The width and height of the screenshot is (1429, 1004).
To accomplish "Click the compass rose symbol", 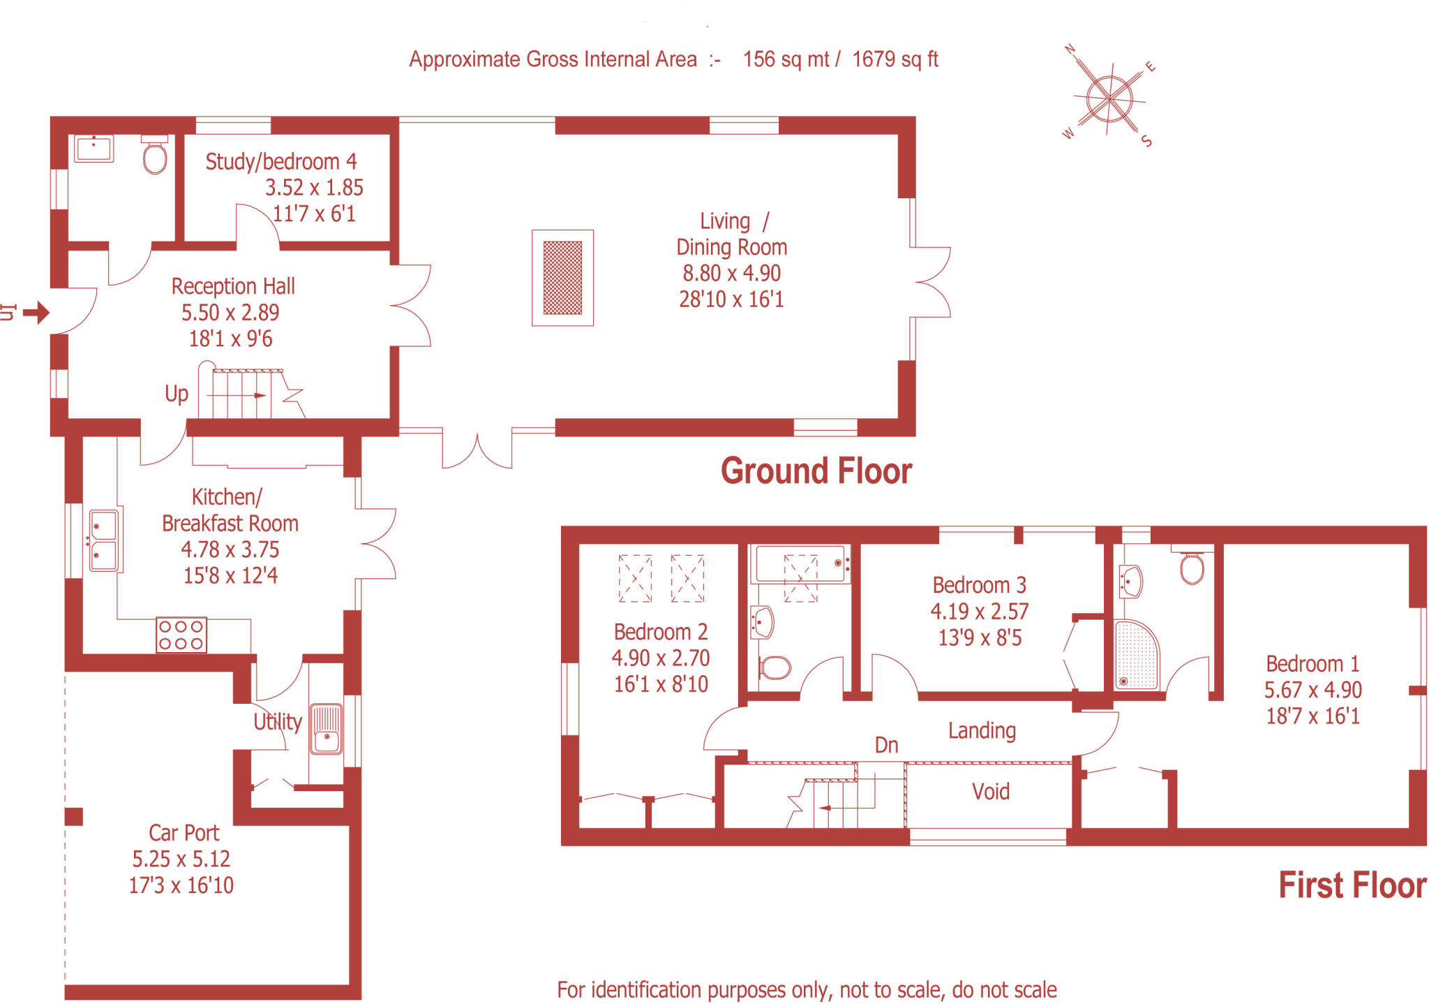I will pyautogui.click(x=1109, y=98).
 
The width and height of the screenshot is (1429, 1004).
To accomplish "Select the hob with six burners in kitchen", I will pyautogui.click(x=181, y=635).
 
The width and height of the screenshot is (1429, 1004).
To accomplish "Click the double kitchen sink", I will pyautogui.click(x=103, y=540).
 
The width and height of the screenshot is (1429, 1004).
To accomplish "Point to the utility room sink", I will pyautogui.click(x=326, y=729).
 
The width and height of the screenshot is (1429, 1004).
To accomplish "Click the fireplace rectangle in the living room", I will pyautogui.click(x=562, y=278).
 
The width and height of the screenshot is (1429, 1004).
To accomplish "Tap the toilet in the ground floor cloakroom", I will pyautogui.click(x=155, y=156).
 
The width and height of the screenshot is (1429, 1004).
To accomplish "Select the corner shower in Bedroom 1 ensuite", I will pyautogui.click(x=1135, y=655).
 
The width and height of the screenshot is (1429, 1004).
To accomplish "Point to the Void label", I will pyautogui.click(x=990, y=791).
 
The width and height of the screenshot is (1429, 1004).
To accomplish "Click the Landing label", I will pyautogui.click(x=981, y=730).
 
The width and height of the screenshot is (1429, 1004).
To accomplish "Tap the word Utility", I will pyautogui.click(x=277, y=721).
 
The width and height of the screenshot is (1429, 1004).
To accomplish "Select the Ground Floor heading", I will pyautogui.click(x=816, y=471).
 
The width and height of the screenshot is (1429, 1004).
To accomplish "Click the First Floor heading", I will pyautogui.click(x=1352, y=885).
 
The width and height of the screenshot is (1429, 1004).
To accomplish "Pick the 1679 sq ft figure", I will pyautogui.click(x=895, y=59).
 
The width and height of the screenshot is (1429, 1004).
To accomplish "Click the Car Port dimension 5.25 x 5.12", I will pyautogui.click(x=181, y=859).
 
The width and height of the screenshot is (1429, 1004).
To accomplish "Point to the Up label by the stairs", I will pyautogui.click(x=177, y=394).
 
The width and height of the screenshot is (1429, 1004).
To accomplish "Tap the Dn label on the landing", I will pyautogui.click(x=886, y=745).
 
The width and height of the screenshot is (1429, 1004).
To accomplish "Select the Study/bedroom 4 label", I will pyautogui.click(x=280, y=161).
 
